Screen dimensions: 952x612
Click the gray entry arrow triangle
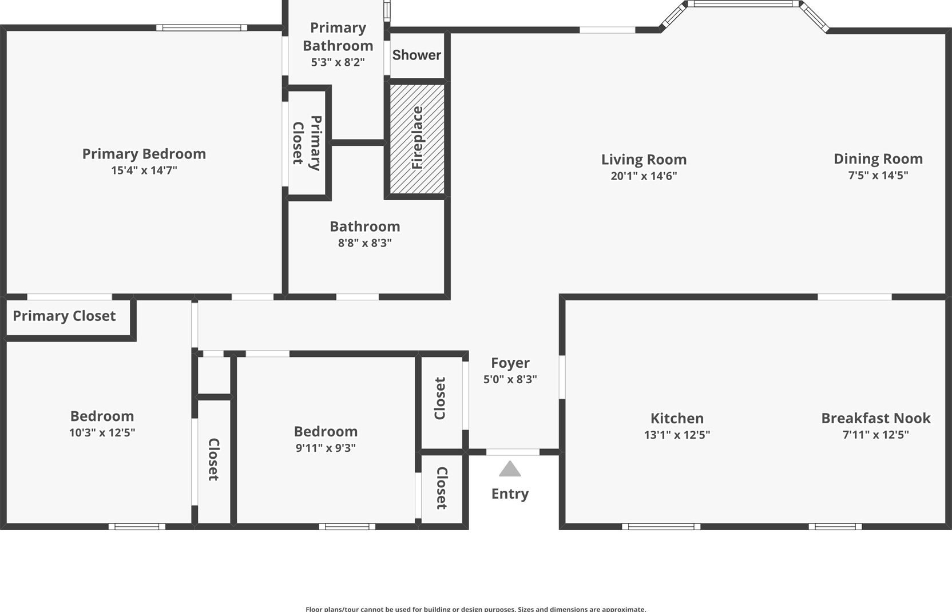pos(510,469)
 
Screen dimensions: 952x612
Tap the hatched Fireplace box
pos(417,138)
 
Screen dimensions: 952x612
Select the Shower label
pos(416,55)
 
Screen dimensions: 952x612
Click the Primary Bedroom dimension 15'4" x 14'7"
pos(144,170)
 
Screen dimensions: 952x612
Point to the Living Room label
pos(644,160)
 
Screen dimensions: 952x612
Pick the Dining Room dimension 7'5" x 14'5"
pos(878,175)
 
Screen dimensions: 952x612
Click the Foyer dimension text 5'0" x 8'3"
pos(510,379)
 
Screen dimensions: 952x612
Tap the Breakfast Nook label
pos(876,418)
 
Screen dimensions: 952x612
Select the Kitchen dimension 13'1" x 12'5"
pos(677,435)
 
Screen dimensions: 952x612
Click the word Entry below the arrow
pos(510,494)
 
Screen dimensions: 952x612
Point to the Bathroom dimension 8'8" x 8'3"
pos(364,243)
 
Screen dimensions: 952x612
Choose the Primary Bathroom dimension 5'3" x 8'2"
pos(338,62)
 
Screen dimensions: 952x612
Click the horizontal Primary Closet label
pos(64,316)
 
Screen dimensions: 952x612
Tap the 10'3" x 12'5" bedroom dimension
pos(102,432)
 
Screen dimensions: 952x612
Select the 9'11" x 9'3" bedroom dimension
pos(326,448)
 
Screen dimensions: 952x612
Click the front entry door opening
pos(513,452)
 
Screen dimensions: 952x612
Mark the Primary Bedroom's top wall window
pos(201,28)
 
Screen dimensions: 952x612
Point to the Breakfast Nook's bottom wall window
pos(835,527)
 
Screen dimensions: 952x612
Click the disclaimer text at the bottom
pos(475,609)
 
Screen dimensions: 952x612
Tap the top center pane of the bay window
pos(743,4)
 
